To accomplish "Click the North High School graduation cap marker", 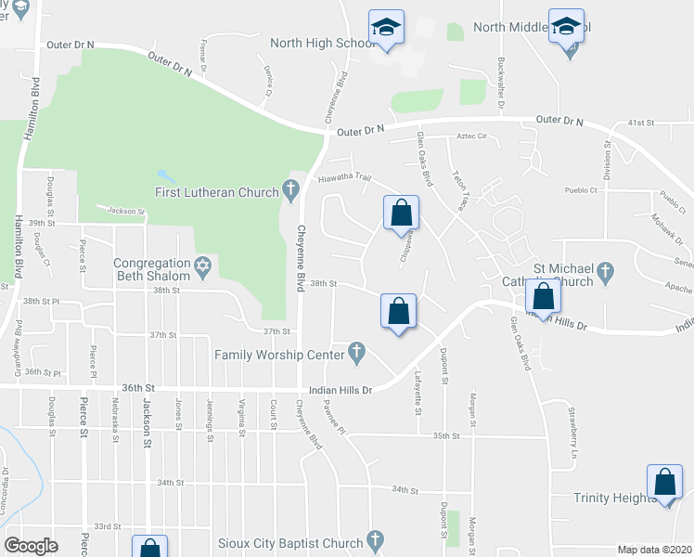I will (x=386, y=28).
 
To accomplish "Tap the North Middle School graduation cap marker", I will (x=566, y=28).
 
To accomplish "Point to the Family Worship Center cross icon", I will (x=355, y=353).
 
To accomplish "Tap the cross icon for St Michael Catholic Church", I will (x=606, y=273).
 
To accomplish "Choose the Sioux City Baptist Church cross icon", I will (x=375, y=540).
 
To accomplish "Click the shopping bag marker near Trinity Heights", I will (x=665, y=484).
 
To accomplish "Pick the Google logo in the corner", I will (x=32, y=545).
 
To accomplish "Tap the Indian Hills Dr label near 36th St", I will (x=340, y=390).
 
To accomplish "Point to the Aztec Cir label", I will (x=471, y=136).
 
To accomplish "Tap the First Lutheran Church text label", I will (x=216, y=192).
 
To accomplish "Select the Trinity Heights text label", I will (x=614, y=498).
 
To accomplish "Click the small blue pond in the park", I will (x=164, y=175).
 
